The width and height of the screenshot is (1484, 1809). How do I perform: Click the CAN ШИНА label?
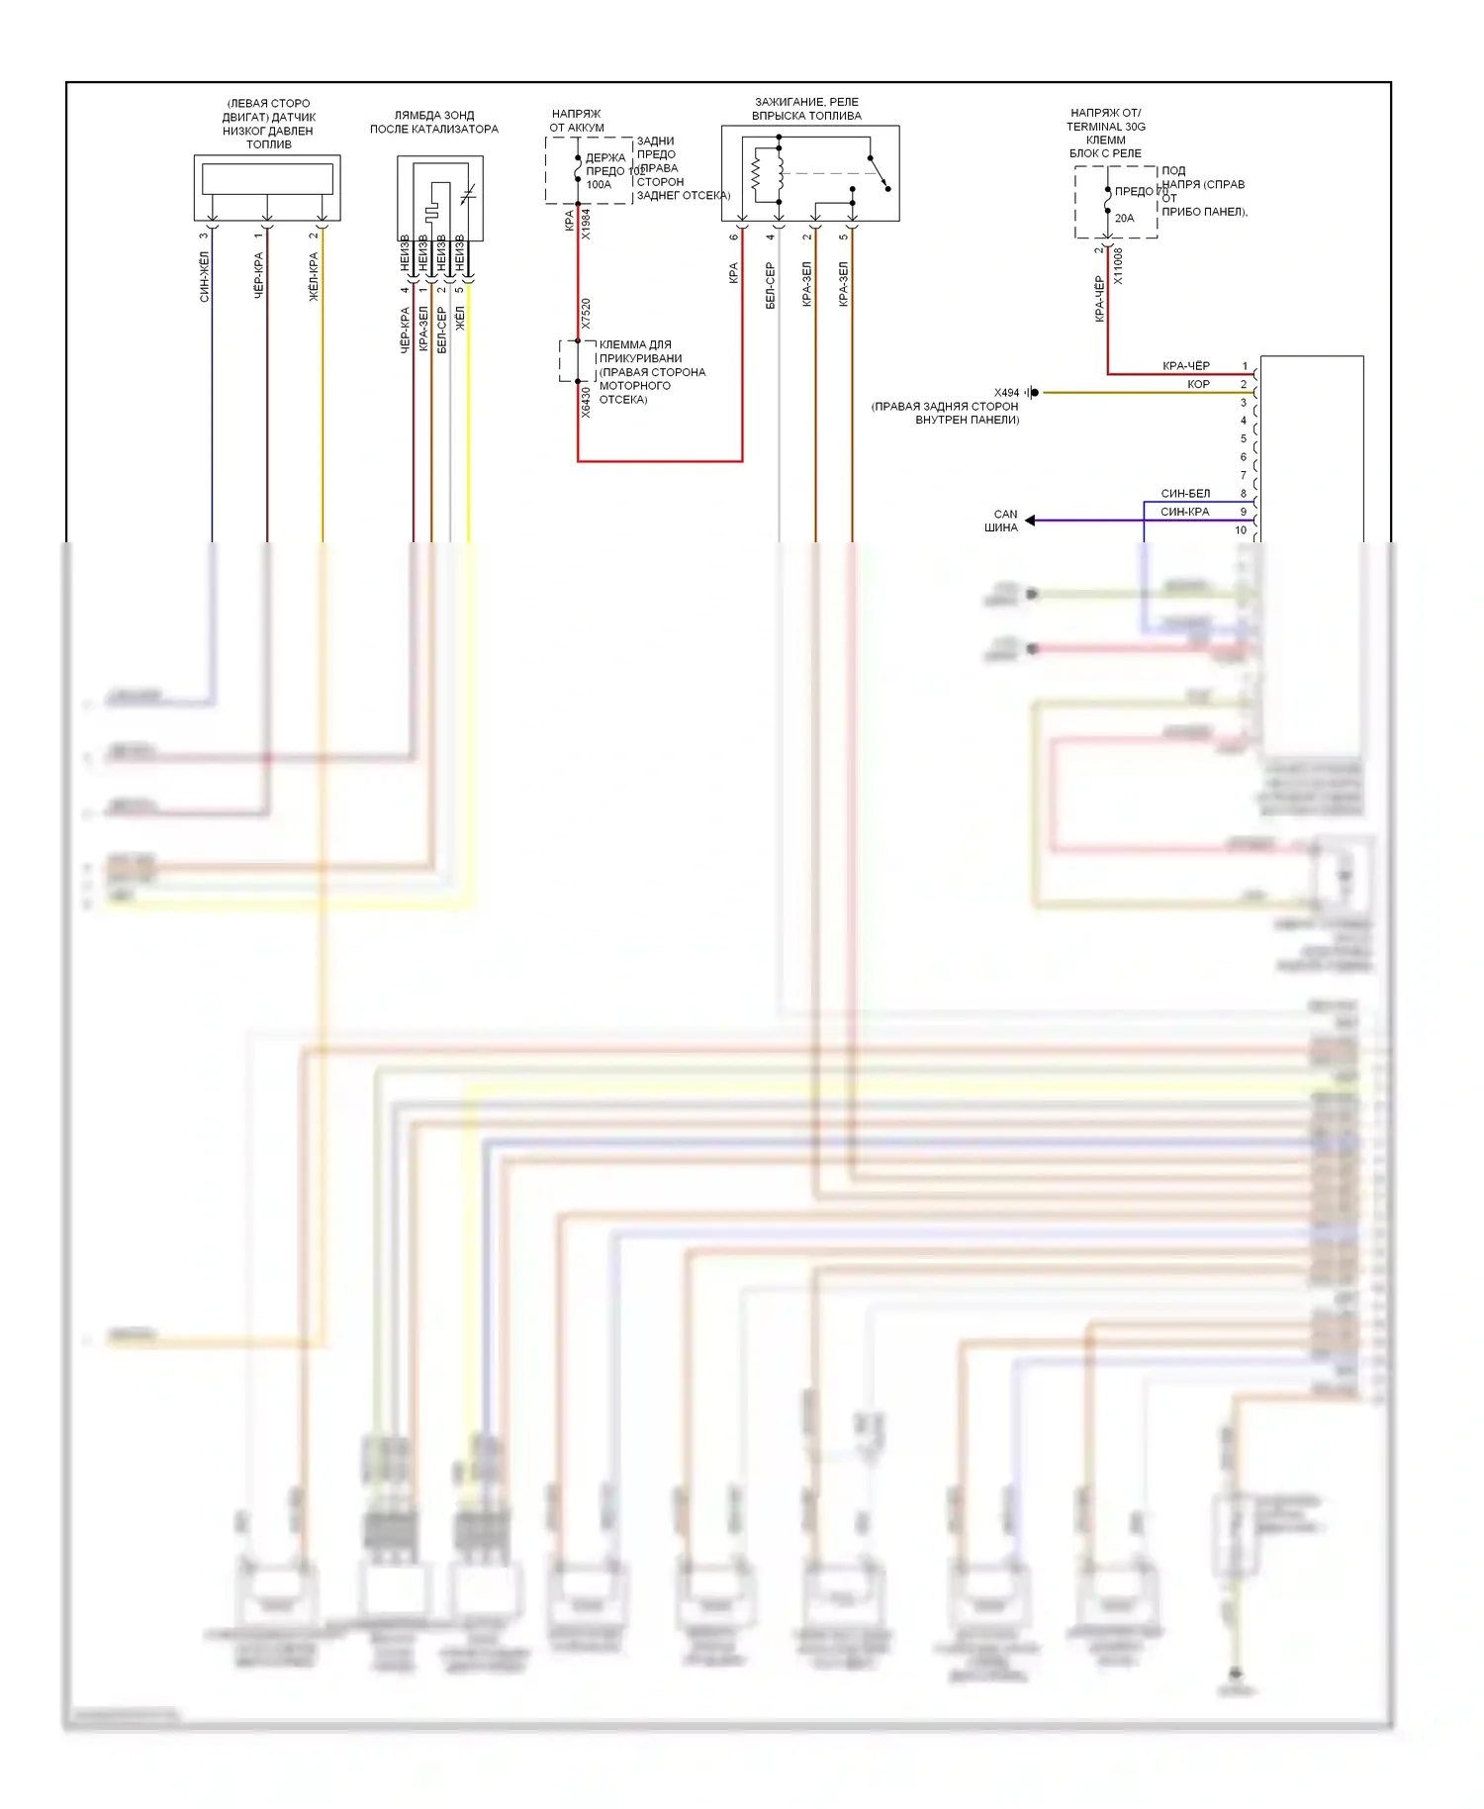(x=1002, y=521)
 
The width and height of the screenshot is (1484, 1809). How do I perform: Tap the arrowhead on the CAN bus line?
(x=1030, y=520)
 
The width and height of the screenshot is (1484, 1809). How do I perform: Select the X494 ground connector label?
(x=1006, y=393)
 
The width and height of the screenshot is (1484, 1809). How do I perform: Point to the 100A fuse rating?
(x=599, y=185)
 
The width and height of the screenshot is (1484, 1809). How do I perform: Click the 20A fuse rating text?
(x=1125, y=218)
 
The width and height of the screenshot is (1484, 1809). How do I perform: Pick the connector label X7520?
(x=586, y=314)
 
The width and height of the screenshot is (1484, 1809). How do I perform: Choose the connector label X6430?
(x=586, y=402)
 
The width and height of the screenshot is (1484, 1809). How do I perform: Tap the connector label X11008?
(x=1119, y=265)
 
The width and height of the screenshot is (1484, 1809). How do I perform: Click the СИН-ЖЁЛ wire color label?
(x=205, y=276)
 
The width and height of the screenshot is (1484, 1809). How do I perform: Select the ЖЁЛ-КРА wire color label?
(x=315, y=276)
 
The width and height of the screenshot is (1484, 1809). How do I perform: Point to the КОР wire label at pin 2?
(x=1198, y=384)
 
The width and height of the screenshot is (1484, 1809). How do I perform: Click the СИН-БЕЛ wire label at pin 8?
(x=1185, y=493)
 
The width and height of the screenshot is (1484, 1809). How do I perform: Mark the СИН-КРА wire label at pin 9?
(x=1185, y=512)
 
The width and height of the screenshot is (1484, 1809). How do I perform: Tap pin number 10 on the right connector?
(x=1241, y=530)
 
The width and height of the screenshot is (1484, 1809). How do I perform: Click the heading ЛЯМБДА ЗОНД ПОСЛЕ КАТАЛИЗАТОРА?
(x=434, y=122)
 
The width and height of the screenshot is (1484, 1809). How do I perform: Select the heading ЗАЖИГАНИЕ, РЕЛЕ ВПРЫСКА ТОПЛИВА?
(x=807, y=109)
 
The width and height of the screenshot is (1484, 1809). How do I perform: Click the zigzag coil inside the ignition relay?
(x=756, y=174)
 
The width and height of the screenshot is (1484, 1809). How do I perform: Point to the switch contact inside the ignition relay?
(x=879, y=172)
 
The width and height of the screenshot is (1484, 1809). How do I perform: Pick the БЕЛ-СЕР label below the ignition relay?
(x=771, y=285)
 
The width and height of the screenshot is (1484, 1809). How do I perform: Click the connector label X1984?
(x=586, y=224)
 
